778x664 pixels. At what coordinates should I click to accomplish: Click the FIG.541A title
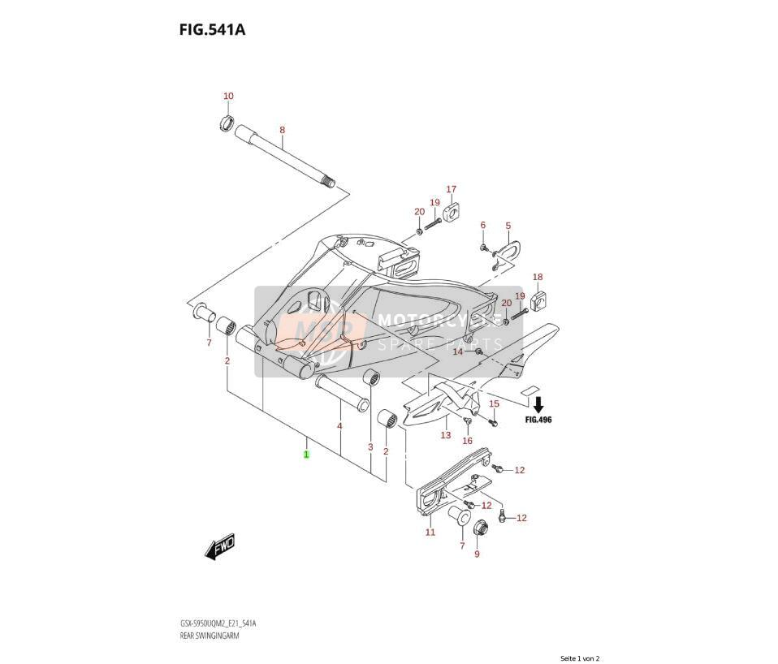(212, 30)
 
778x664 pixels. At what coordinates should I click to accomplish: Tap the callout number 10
(228, 96)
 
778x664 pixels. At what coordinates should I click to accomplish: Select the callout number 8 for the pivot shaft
(283, 131)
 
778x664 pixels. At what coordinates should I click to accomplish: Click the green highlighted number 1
(307, 454)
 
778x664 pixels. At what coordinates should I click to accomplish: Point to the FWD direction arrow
(219, 547)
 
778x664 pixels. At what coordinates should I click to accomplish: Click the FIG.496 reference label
(538, 420)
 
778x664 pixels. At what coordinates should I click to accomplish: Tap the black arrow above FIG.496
(538, 404)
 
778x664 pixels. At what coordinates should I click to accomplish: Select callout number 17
(451, 189)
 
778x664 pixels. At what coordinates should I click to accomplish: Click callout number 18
(538, 277)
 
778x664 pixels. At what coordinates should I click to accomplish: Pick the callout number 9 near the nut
(478, 554)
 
